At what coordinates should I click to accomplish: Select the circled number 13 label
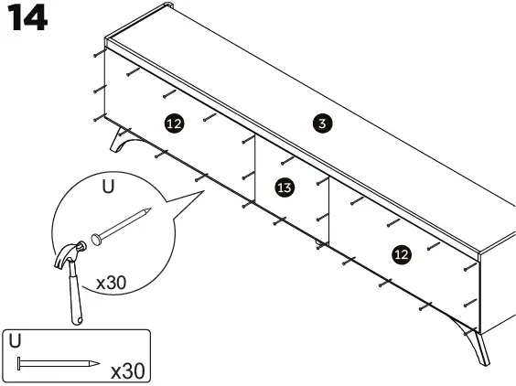(285, 188)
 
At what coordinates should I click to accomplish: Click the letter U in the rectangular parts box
(14, 339)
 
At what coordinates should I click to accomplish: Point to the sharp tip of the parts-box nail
(96, 364)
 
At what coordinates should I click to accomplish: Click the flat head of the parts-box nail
(18, 364)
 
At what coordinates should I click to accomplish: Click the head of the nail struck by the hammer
(95, 241)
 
